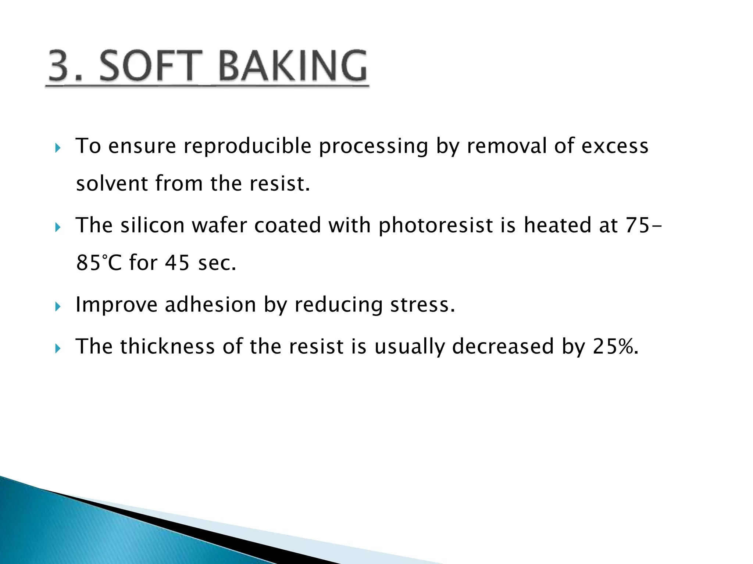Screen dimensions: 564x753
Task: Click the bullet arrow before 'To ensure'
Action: tap(57, 148)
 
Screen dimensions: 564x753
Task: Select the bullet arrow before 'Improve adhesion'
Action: tap(57, 307)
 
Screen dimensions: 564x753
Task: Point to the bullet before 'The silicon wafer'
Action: tap(57, 228)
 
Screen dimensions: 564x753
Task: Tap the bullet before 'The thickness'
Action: tap(57, 348)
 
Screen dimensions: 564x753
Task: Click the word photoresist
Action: tap(435, 225)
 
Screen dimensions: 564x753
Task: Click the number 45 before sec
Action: tap(177, 263)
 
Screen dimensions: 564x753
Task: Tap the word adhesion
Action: tap(210, 305)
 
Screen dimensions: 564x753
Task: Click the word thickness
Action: tap(167, 346)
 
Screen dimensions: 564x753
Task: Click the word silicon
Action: tap(152, 225)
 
